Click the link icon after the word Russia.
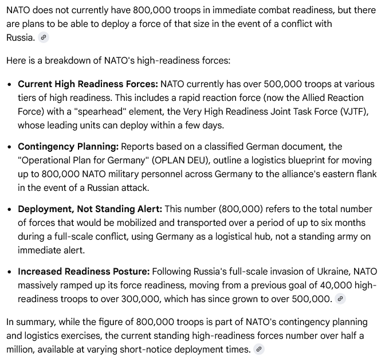[x=43, y=38]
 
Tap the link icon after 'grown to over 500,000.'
[x=340, y=299]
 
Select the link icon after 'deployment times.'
[x=259, y=349]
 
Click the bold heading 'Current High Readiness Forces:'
[x=88, y=84]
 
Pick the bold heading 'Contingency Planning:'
[x=67, y=147]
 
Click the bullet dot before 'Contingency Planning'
[x=10, y=147]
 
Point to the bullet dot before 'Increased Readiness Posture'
[x=10, y=272]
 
